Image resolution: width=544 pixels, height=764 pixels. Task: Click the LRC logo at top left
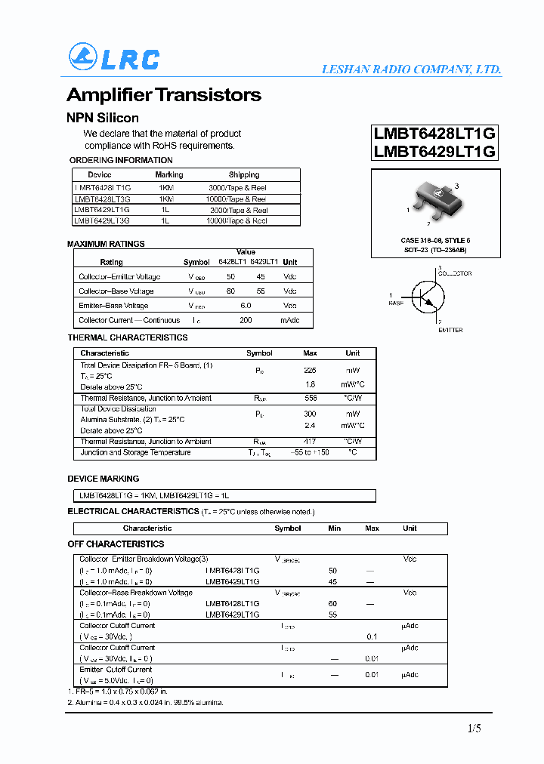[114, 57]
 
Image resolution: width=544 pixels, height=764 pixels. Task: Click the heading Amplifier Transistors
[164, 95]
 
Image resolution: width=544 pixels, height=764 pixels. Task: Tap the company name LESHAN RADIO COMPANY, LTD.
[411, 69]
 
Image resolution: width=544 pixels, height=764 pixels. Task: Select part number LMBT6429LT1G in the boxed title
[434, 151]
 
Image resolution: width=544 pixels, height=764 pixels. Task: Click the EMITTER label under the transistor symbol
[450, 330]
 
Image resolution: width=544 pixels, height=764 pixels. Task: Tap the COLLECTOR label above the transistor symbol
[455, 273]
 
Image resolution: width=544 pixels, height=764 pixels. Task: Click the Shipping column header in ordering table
[243, 174]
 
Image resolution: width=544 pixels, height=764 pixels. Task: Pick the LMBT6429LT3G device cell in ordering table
[102, 221]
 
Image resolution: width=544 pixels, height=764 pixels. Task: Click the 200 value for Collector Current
[246, 320]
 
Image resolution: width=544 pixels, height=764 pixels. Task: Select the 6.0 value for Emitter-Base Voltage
[246, 306]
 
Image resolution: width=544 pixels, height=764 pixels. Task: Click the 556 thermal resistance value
[310, 398]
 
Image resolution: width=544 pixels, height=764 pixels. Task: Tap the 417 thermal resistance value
[310, 442]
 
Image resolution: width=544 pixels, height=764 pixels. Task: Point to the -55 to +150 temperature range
[310, 453]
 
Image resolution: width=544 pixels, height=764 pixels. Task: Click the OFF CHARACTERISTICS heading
[116, 544]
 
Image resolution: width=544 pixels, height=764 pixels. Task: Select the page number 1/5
[473, 729]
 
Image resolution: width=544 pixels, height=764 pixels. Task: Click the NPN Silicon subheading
[103, 118]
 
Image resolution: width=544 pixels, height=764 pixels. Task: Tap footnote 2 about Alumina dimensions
[145, 703]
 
